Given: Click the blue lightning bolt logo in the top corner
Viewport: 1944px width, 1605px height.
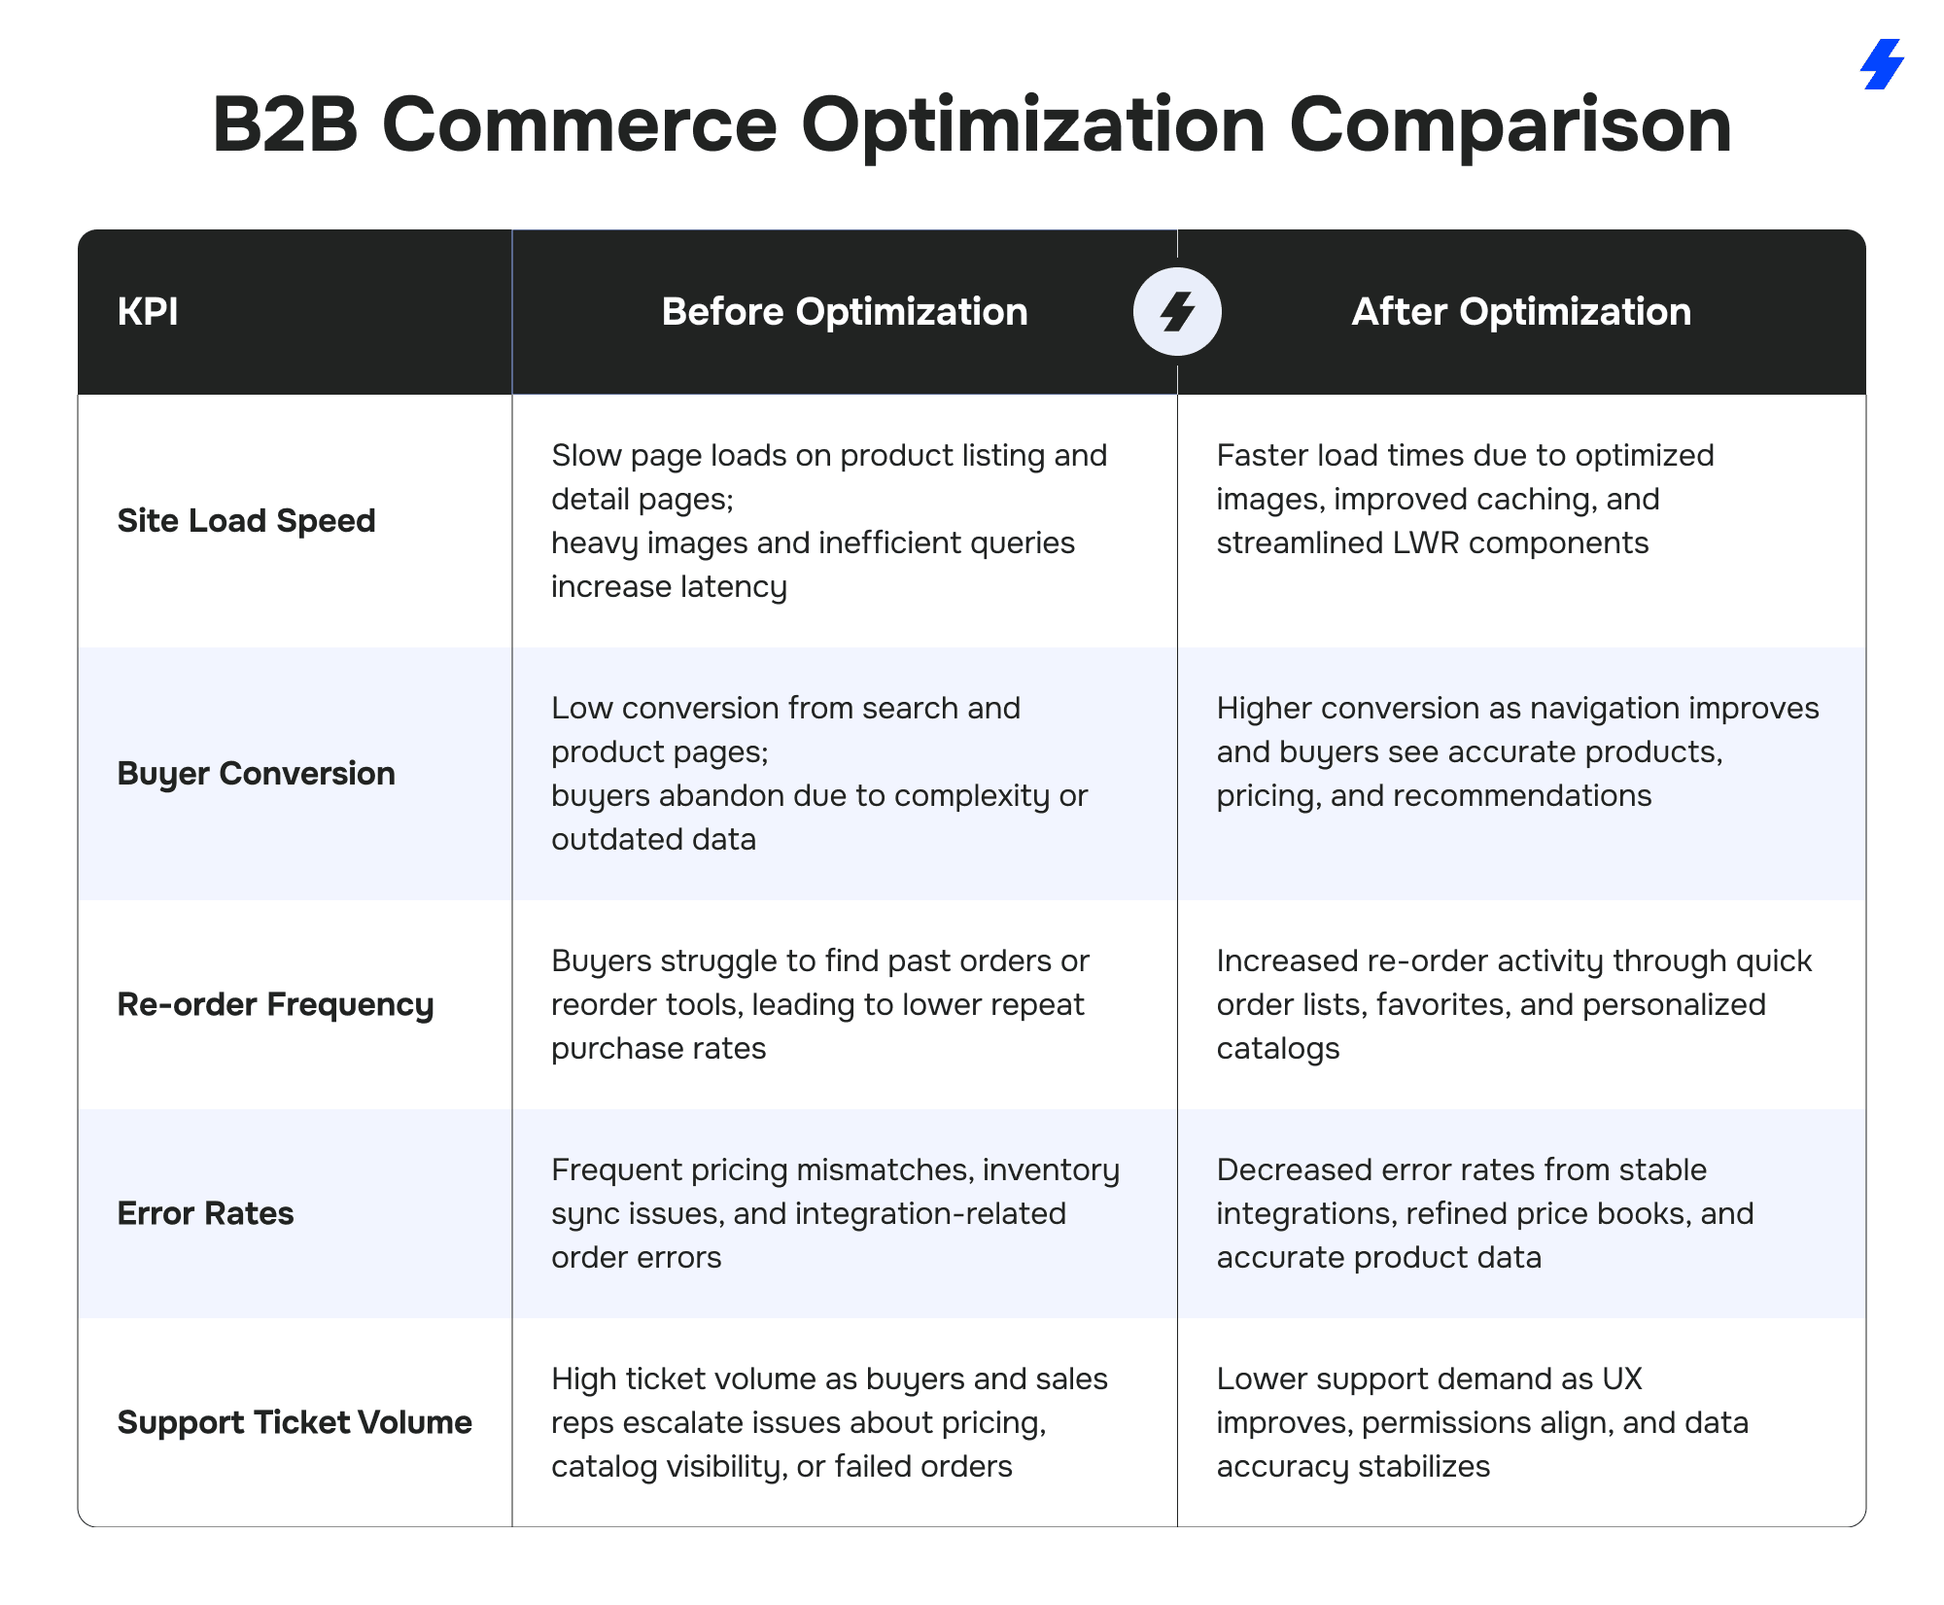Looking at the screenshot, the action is pos(1882,64).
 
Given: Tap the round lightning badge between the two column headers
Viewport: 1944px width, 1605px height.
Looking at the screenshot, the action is pos(1177,311).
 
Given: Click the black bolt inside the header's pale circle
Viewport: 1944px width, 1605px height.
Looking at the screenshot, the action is pos(1177,311).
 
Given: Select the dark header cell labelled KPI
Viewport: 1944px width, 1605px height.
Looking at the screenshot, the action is pos(295,312).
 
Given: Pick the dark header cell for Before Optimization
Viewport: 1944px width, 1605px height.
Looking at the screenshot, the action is pos(845,312).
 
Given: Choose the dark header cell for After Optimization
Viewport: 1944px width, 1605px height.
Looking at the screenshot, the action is pos(1521,312).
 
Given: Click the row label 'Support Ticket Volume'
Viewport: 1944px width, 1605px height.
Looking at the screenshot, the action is pos(295,1422).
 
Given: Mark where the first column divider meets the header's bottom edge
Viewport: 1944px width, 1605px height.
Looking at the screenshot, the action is pos(512,395).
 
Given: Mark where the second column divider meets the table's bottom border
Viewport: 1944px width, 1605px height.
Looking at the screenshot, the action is pos(1177,1526).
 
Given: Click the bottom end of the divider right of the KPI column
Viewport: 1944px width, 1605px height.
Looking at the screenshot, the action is pos(512,1526).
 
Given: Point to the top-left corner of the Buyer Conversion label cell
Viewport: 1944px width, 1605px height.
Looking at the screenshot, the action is pos(78,647).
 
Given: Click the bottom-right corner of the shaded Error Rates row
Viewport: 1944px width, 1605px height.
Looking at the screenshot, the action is pos(1866,1318).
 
